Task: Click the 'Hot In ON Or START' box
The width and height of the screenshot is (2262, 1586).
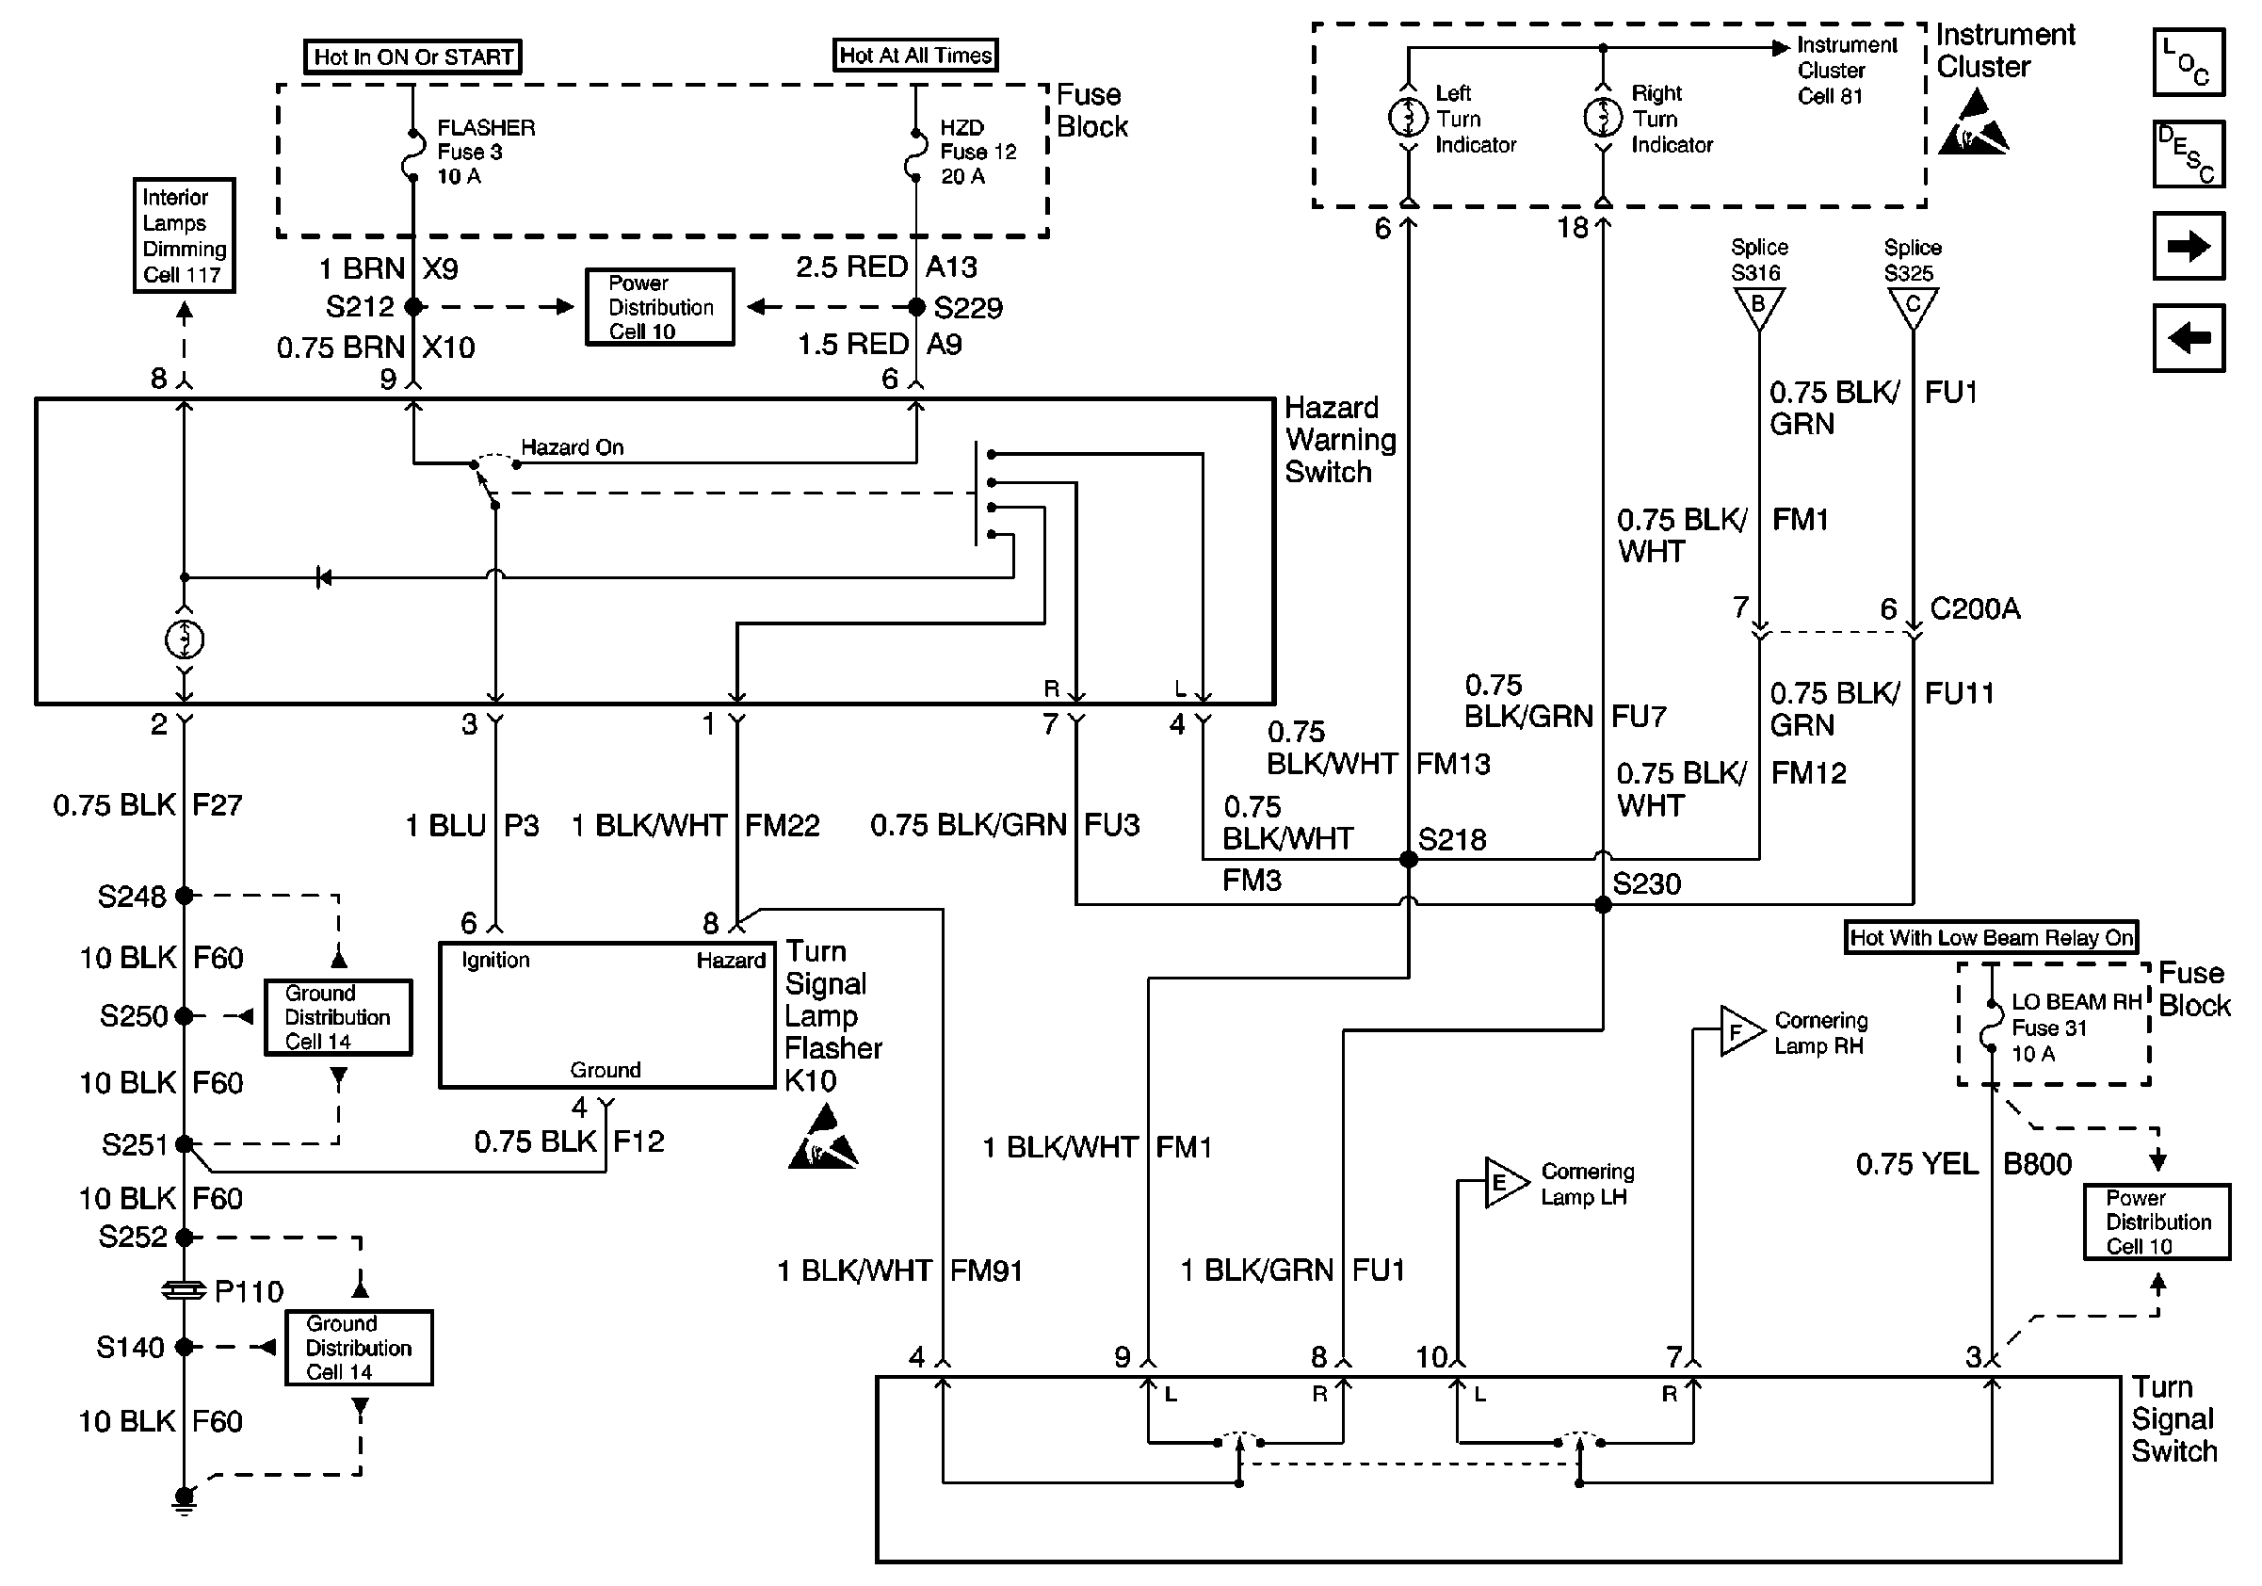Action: click(x=412, y=57)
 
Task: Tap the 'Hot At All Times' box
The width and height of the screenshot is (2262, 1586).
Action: click(x=915, y=56)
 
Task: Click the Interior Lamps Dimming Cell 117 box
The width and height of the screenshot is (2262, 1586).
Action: click(x=185, y=235)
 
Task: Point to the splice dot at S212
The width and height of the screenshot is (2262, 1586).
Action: click(x=413, y=307)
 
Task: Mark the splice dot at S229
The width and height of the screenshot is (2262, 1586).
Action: click(x=916, y=307)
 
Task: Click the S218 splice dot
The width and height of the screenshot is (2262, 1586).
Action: click(x=1409, y=859)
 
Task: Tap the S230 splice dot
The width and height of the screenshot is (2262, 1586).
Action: click(x=1603, y=904)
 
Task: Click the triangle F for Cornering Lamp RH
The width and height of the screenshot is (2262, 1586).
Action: click(x=1737, y=1031)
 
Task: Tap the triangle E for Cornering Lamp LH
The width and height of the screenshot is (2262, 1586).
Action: click(x=1502, y=1182)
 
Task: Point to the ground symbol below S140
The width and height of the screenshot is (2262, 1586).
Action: click(x=185, y=1498)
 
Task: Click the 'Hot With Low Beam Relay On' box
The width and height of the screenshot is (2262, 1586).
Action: click(x=1991, y=938)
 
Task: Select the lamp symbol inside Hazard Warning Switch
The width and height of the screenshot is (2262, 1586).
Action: click(x=185, y=640)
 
